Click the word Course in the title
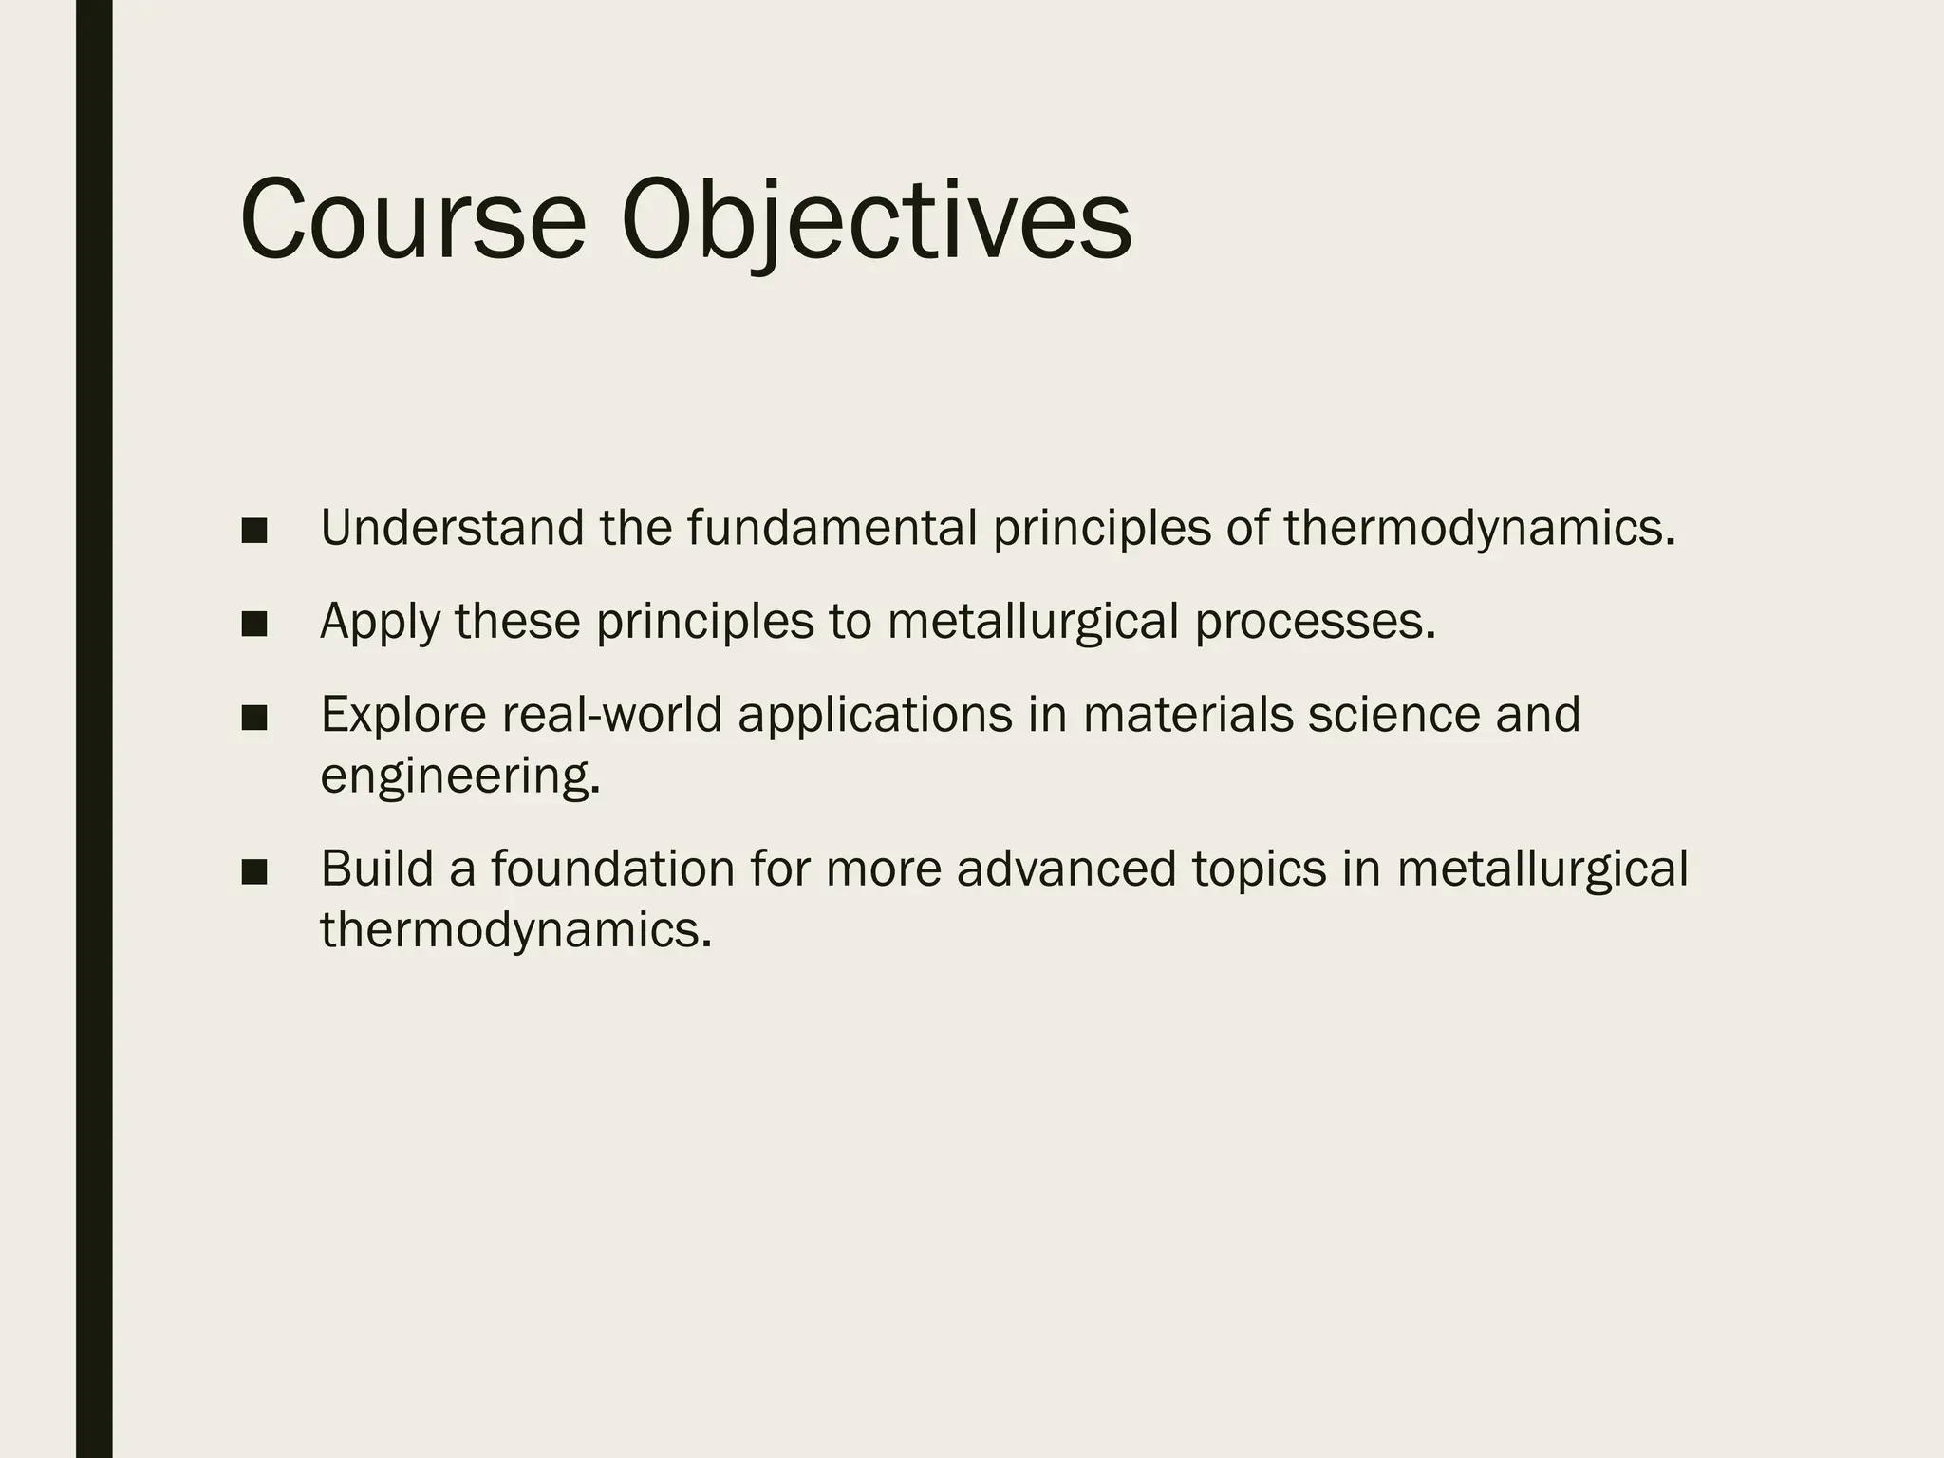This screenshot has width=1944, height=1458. tap(414, 220)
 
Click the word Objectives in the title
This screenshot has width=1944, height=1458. tap(875, 220)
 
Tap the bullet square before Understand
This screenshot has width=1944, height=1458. tap(253, 532)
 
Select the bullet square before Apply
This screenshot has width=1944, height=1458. tap(253, 625)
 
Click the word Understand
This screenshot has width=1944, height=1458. tap(452, 528)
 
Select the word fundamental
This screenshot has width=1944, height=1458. tap(832, 528)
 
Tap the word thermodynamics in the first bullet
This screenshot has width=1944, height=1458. tap(1479, 528)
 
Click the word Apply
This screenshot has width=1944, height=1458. tap(380, 623)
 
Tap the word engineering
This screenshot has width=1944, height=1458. tap(459, 776)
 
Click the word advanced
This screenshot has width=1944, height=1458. tap(1066, 869)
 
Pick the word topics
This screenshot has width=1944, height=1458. tap(1259, 869)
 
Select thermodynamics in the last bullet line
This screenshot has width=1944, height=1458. tap(515, 929)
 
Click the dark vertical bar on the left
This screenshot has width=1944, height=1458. tap(94, 729)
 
